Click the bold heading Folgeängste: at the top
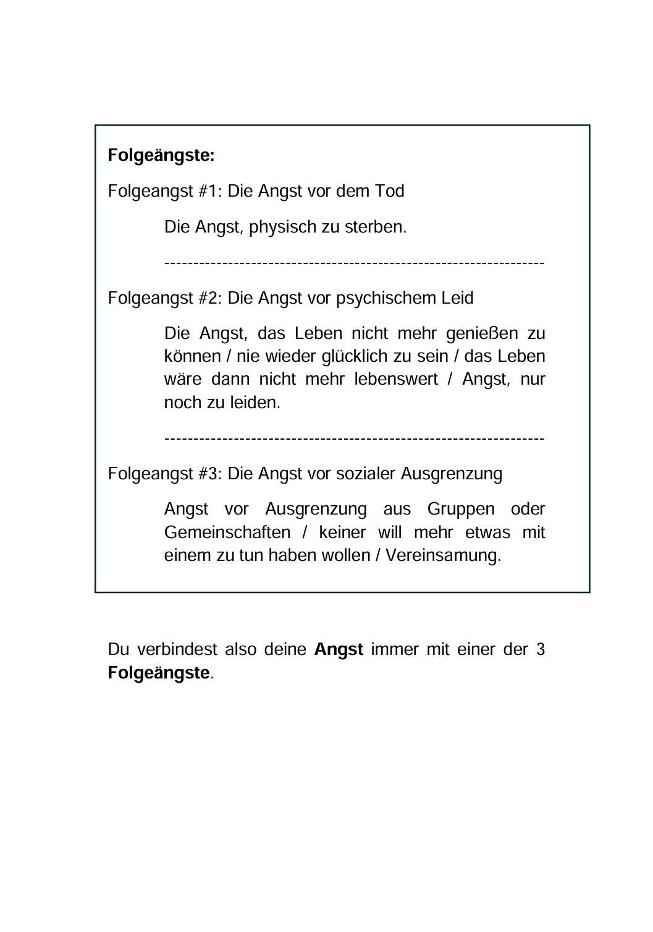[161, 155]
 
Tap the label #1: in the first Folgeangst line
[211, 191]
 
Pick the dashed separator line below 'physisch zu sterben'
[354, 263]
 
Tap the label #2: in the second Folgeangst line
[211, 298]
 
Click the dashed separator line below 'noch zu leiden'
[354, 438]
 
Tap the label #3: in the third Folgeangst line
[211, 474]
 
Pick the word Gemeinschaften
[227, 532]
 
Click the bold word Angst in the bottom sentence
[339, 650]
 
